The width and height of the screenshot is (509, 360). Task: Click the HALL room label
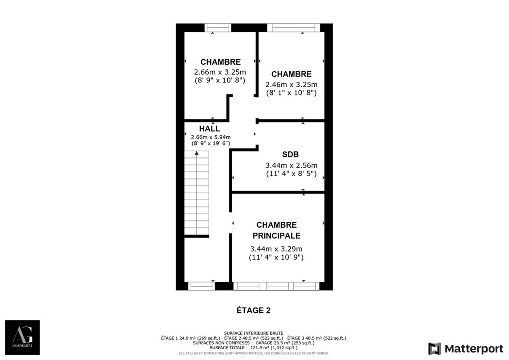click(209, 129)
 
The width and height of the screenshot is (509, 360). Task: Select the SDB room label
click(290, 155)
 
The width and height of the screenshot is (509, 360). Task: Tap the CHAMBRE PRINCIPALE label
click(276, 230)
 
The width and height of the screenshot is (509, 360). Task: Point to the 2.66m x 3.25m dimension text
click(220, 72)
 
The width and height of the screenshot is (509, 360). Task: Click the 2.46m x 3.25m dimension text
click(291, 85)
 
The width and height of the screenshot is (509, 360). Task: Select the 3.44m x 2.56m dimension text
click(291, 165)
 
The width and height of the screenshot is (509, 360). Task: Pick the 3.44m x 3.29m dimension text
click(276, 249)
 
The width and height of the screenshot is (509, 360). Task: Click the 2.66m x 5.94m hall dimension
click(211, 137)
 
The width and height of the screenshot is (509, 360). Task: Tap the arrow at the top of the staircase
click(197, 153)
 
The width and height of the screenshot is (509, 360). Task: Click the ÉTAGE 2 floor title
click(253, 310)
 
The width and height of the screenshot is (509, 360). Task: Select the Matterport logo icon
click(434, 349)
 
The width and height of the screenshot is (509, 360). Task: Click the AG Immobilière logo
click(22, 337)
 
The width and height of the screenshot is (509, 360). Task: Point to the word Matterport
click(473, 349)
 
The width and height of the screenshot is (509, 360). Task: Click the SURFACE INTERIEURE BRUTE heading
click(253, 333)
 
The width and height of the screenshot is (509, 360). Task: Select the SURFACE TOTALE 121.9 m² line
click(253, 347)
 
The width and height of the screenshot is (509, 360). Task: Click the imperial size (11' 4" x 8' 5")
click(291, 173)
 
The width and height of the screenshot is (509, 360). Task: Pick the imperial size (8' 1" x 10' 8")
click(291, 93)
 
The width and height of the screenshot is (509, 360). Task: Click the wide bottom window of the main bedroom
click(276, 286)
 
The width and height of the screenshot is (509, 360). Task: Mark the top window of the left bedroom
click(218, 28)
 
